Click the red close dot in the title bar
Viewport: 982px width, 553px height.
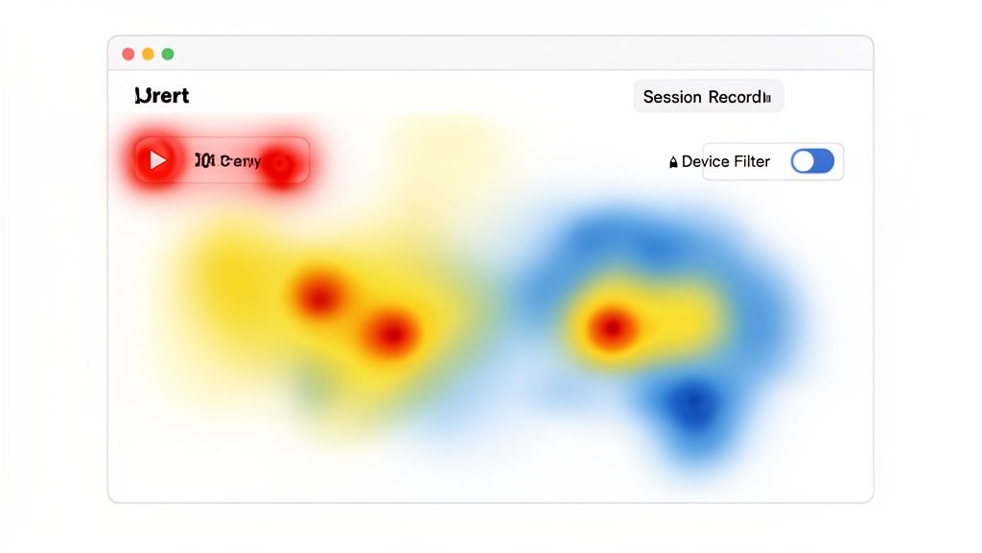point(129,55)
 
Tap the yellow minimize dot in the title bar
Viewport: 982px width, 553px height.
point(148,55)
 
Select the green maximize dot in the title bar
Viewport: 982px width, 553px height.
point(168,55)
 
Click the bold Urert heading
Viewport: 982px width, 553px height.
point(162,96)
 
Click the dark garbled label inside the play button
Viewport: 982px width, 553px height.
point(227,161)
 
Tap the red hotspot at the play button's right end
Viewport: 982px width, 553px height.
point(280,164)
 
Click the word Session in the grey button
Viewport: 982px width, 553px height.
point(672,97)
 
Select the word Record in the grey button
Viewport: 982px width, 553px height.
point(735,97)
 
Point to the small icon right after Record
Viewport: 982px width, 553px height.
point(766,97)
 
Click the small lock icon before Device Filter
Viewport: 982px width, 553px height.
point(673,162)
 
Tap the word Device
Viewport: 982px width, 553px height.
point(706,162)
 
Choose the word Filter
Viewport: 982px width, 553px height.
point(752,162)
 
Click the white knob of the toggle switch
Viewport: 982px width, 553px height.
point(803,161)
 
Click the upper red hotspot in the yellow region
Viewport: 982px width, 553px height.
point(318,295)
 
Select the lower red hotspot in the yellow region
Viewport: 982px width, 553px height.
point(390,334)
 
